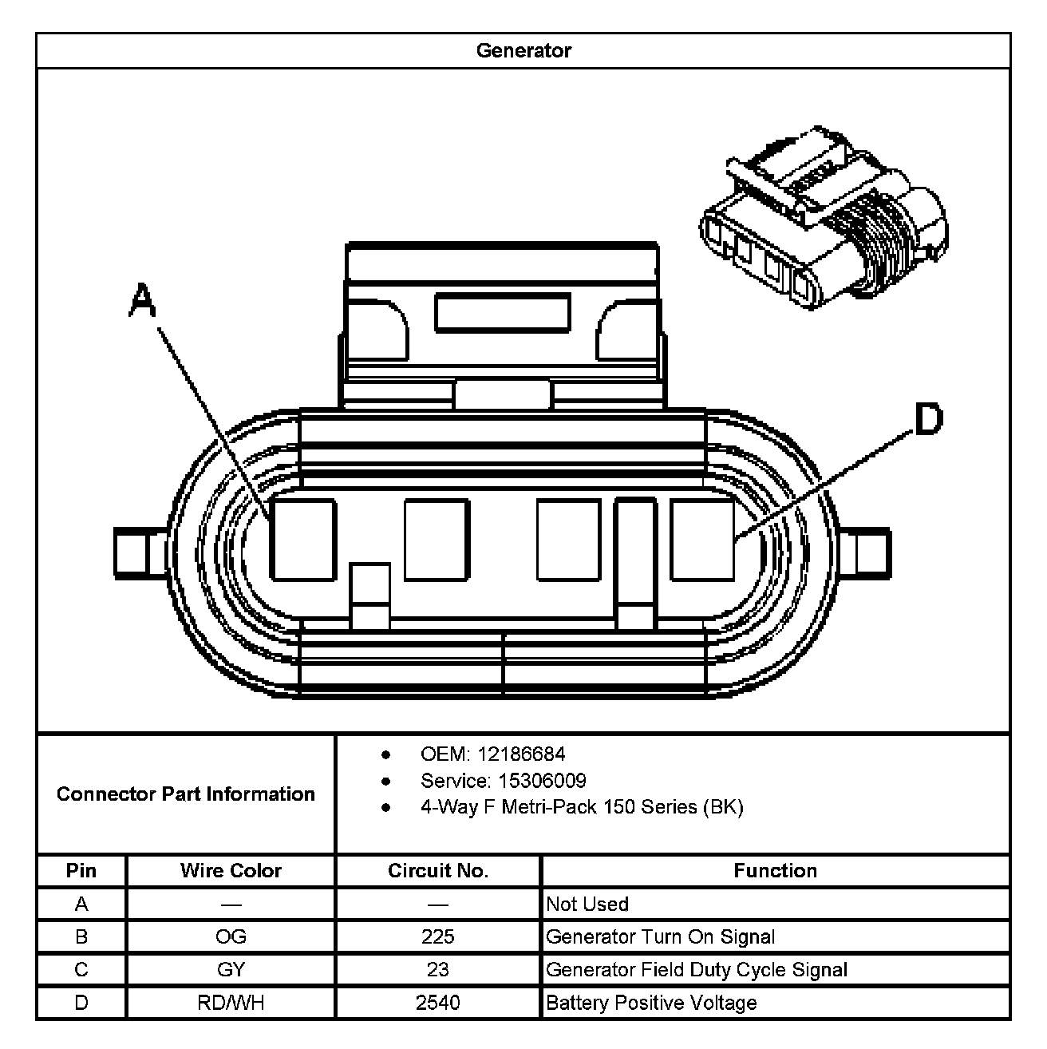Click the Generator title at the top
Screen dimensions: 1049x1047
tap(523, 51)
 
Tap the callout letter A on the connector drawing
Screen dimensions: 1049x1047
tap(142, 301)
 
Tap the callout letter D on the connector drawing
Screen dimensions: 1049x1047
tap(927, 420)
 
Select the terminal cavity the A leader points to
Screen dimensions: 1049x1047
tap(302, 539)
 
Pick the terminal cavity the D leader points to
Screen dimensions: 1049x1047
tap(702, 539)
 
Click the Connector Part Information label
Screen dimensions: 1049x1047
tap(186, 794)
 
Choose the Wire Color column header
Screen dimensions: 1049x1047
tap(231, 871)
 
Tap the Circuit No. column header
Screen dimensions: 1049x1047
tap(438, 871)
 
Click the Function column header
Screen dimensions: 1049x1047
tap(775, 871)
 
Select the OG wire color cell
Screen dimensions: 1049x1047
tap(231, 937)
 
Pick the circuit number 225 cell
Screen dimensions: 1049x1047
tap(438, 937)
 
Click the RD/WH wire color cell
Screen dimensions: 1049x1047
tap(231, 1003)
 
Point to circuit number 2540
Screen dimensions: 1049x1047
tap(438, 1003)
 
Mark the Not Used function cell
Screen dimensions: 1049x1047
tap(587, 905)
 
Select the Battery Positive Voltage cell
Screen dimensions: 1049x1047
tap(651, 1003)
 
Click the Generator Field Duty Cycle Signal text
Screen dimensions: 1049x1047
tap(697, 970)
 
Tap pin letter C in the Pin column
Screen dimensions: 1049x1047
tap(81, 970)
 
